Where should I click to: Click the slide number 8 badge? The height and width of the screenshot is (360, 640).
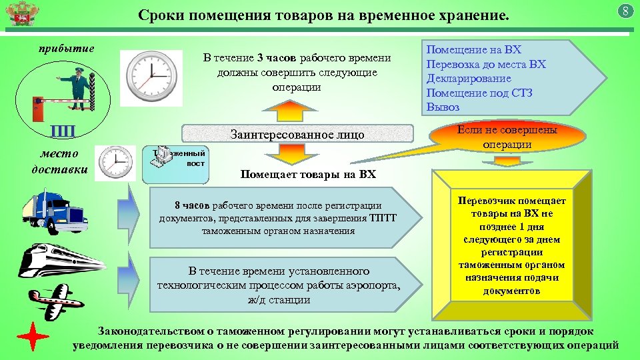625,11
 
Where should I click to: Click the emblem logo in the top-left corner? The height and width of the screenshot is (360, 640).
15,13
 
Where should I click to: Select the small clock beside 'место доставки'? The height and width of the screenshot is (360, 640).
115,163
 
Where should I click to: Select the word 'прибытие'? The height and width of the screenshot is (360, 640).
65,48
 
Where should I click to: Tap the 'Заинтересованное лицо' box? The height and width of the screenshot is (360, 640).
297,135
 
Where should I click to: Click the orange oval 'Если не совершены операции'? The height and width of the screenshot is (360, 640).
507,137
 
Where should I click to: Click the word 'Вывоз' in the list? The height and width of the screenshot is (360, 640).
443,107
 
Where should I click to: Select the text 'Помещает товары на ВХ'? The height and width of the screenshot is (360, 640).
307,175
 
